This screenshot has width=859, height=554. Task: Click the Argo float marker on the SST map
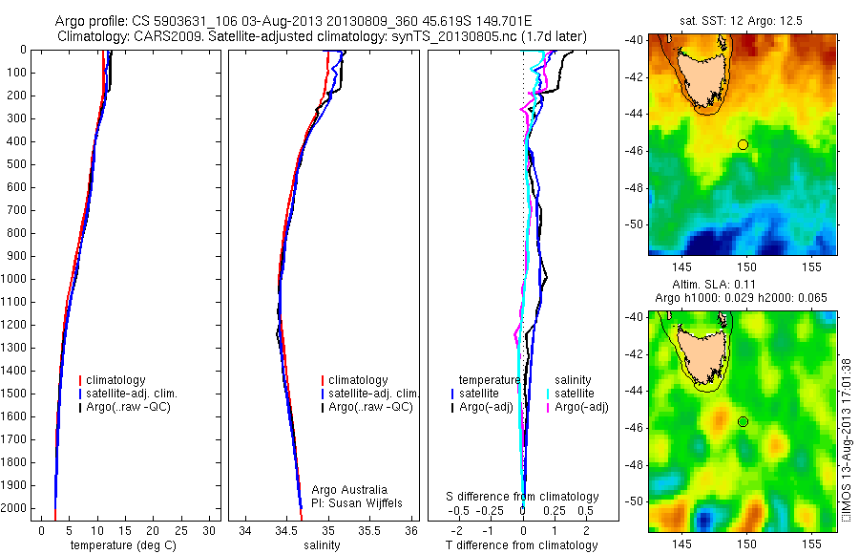click(743, 144)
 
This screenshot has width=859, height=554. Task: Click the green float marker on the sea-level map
click(743, 421)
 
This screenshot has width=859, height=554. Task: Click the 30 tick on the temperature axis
click(210, 530)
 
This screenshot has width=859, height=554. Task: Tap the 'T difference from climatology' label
click(522, 545)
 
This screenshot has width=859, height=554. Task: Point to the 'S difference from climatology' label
click(523, 497)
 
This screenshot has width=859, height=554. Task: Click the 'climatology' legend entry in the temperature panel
click(118, 380)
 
